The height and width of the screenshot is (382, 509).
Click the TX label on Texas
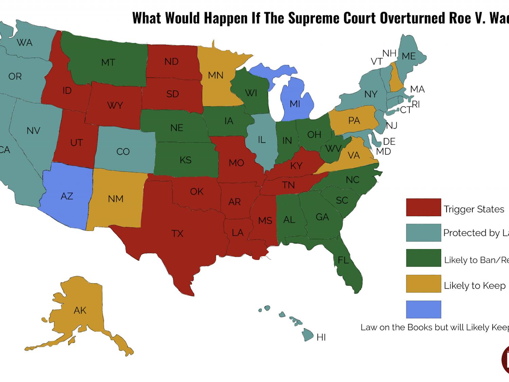click(177, 234)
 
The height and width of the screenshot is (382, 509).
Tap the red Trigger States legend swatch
click(423, 207)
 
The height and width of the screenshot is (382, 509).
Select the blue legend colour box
click(423, 309)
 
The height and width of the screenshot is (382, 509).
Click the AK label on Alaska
click(80, 310)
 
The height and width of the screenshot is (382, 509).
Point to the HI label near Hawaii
click(321, 337)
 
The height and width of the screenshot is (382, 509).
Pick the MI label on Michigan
click(295, 104)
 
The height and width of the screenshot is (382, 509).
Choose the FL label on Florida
click(343, 260)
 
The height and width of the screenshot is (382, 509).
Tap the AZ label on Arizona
click(67, 196)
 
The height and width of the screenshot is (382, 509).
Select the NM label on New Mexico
click(116, 199)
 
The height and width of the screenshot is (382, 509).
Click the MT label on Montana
click(108, 62)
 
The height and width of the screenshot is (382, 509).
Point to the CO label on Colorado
click(123, 151)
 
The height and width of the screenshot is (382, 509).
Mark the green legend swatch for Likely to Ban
click(423, 258)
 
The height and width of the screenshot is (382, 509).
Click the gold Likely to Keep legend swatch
click(423, 284)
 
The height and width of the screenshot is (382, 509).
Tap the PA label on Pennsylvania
click(354, 121)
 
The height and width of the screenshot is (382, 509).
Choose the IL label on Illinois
click(262, 140)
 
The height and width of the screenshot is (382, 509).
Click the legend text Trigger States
click(474, 209)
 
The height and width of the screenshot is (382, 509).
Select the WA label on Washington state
click(25, 43)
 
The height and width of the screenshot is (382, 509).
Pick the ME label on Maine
click(409, 56)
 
